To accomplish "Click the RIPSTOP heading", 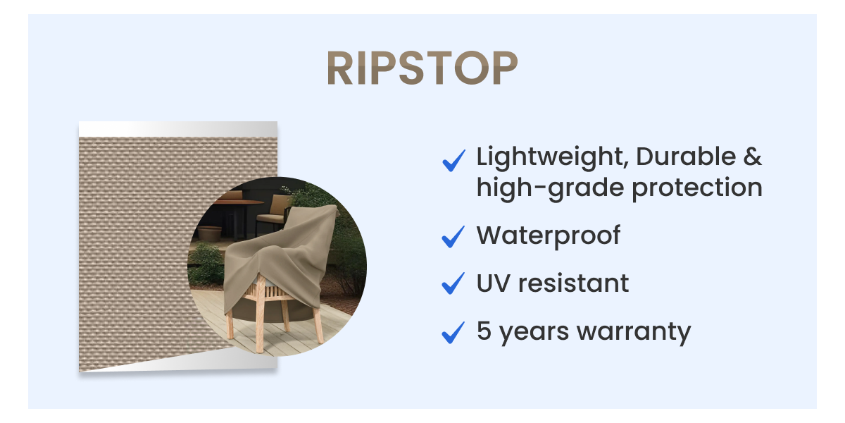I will (422, 69).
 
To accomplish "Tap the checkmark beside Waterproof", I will (453, 237).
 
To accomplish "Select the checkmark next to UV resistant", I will (453, 284).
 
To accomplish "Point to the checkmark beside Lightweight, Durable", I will (453, 161).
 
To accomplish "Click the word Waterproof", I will (548, 235).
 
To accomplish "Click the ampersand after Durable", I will (752, 157).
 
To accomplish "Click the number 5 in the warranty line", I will (484, 330).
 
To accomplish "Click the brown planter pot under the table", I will (210, 233).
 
